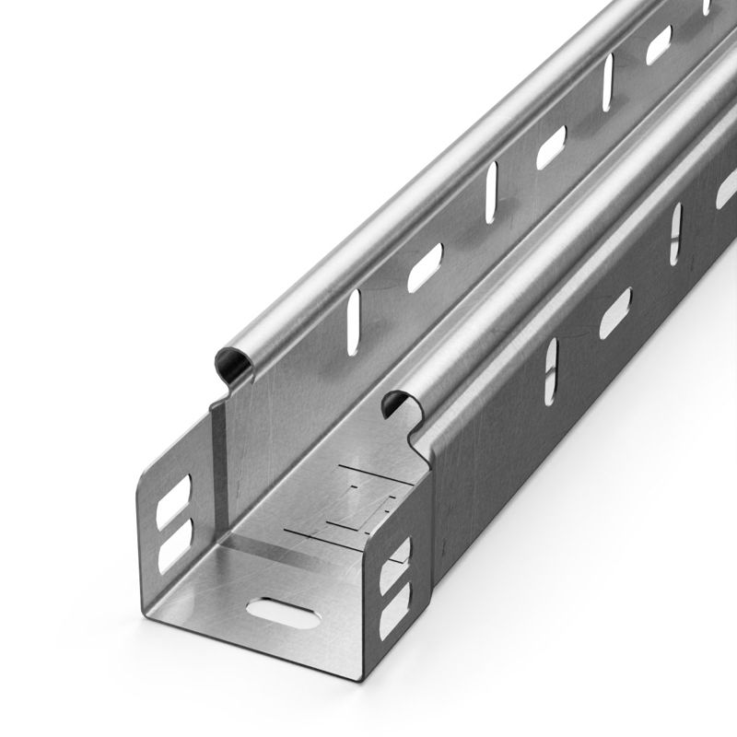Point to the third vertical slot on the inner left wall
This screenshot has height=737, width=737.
(608, 81)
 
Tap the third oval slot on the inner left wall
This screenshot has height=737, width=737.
(659, 44)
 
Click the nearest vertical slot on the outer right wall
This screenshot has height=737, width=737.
(550, 370)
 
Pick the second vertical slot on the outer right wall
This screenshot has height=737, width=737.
(676, 230)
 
